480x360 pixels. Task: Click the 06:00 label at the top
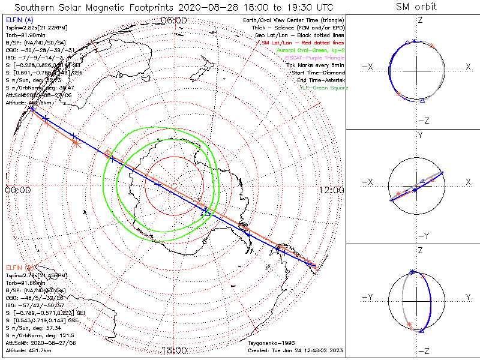click(174, 20)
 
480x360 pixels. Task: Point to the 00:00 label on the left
click(18, 190)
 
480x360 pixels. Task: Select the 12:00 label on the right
click(331, 190)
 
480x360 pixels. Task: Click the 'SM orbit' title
click(416, 7)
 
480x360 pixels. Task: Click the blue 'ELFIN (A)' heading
click(19, 20)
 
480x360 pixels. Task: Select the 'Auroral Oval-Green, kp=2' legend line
click(310, 50)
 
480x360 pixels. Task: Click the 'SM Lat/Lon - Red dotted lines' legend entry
click(303, 43)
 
